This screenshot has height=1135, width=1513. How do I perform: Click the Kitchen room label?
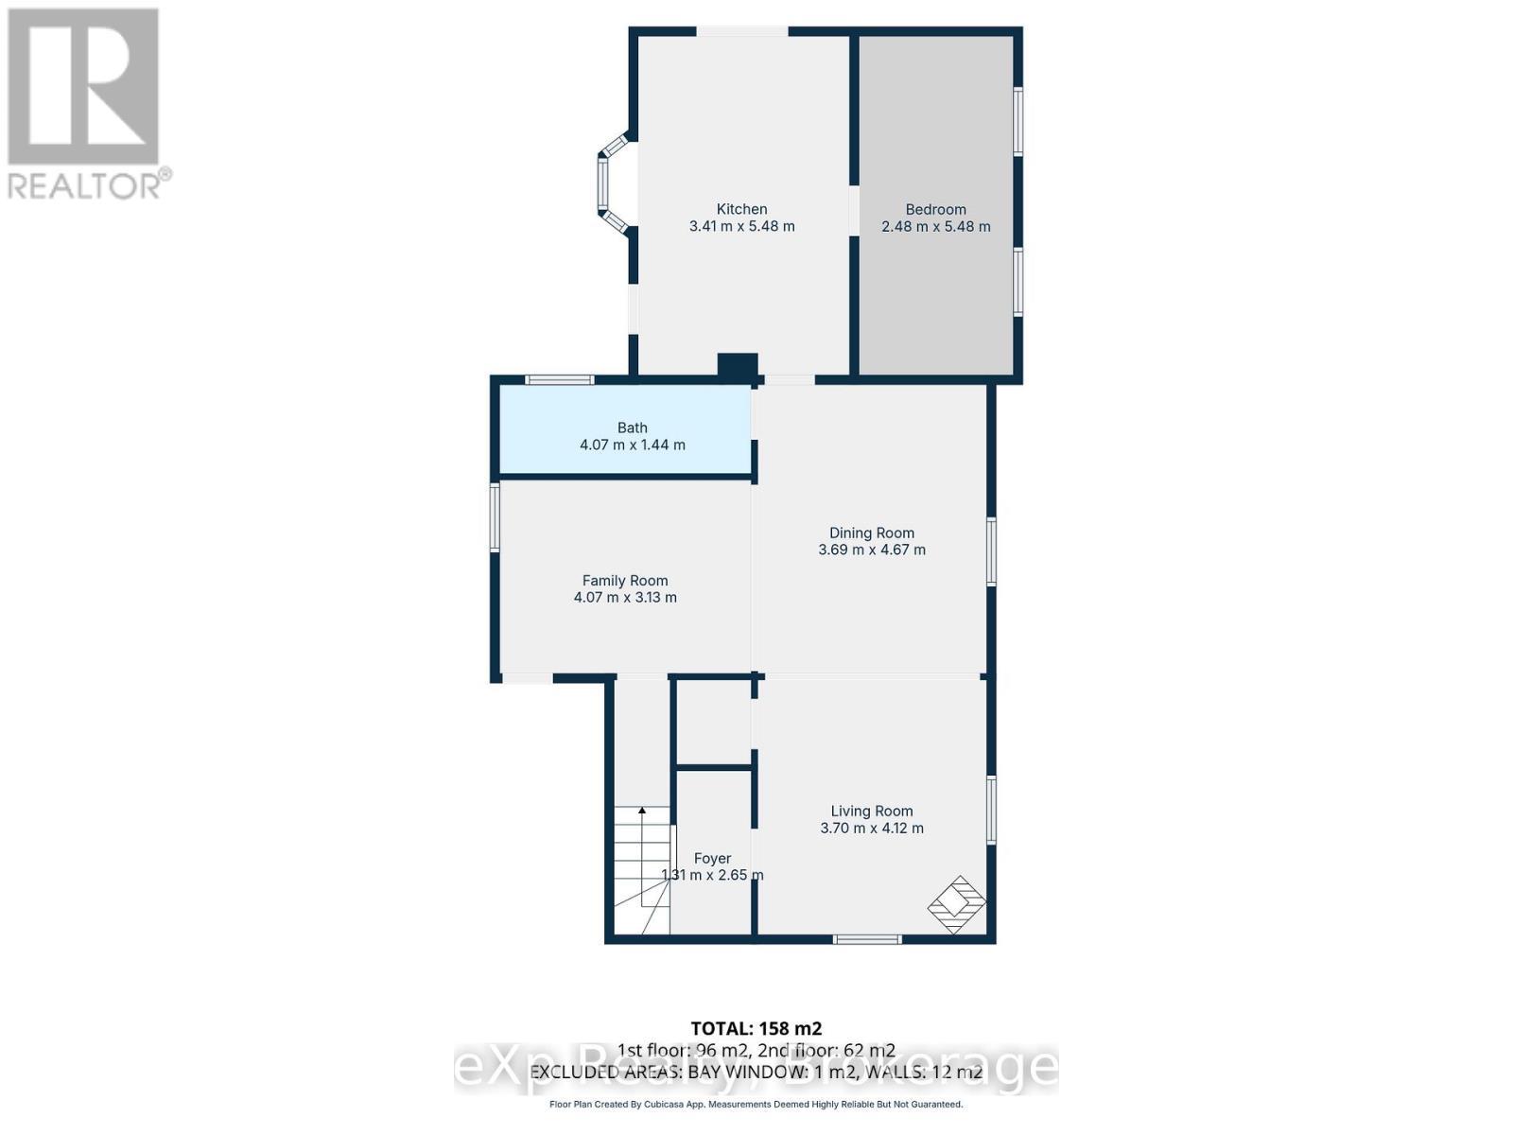point(741,209)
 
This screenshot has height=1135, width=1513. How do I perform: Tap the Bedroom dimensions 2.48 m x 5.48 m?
point(935,227)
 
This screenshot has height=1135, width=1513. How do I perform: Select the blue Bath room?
point(626,430)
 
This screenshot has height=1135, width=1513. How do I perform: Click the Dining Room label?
point(871,533)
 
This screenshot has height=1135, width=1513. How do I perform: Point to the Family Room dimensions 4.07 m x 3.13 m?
point(625,598)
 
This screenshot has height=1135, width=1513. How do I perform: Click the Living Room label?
point(871,811)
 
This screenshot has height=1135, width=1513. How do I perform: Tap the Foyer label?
point(712,859)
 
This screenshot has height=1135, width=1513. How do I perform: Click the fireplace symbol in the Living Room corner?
point(957,904)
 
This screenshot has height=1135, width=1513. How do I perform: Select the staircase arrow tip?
point(642,810)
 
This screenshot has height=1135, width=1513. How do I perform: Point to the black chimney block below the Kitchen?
point(737,367)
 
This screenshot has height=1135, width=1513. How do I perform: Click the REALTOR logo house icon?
point(83,87)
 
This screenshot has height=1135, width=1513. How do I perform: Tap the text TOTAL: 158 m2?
point(756,1028)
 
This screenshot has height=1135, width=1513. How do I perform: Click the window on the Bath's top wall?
point(560,380)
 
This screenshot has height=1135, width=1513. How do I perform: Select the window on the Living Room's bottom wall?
point(867,939)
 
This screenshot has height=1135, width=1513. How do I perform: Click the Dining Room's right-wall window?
point(991,550)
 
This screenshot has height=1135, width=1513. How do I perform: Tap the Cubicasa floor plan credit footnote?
point(756,1105)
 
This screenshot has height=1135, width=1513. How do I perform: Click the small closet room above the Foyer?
point(714,721)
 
